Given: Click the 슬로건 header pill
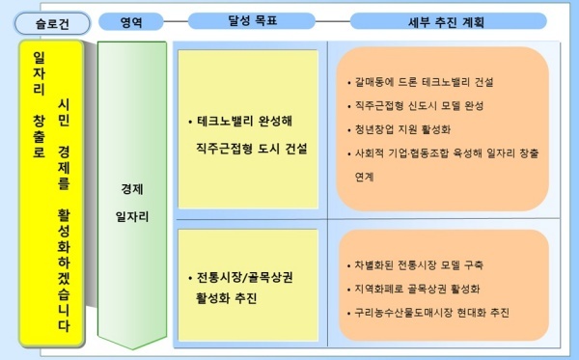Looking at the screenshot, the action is (x=52, y=23).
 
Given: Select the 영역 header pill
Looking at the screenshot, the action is (x=131, y=22).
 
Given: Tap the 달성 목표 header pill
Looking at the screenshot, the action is (x=252, y=20).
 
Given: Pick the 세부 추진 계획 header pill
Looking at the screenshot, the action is (x=449, y=21).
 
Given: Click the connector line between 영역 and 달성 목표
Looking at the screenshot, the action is (x=176, y=21).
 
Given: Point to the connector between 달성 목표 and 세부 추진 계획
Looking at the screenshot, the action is (x=333, y=21).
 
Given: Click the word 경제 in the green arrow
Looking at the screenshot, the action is (x=132, y=189).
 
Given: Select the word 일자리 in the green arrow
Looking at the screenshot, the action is (x=132, y=216).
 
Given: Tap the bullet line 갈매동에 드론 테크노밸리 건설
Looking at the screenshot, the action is (x=421, y=82).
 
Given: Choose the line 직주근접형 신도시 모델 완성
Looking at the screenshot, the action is (x=415, y=106).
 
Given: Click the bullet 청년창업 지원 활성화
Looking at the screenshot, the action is (x=400, y=129).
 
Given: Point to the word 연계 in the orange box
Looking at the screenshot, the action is (x=365, y=177).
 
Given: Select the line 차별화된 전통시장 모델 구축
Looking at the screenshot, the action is (x=415, y=264).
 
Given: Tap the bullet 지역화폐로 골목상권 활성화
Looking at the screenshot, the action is (x=414, y=289).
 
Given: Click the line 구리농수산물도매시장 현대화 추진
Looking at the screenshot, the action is (x=428, y=313).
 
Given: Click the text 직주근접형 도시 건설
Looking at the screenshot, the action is (x=252, y=149).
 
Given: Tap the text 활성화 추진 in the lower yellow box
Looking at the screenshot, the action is (x=227, y=297).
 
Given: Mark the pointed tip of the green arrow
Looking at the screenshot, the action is (x=132, y=349).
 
